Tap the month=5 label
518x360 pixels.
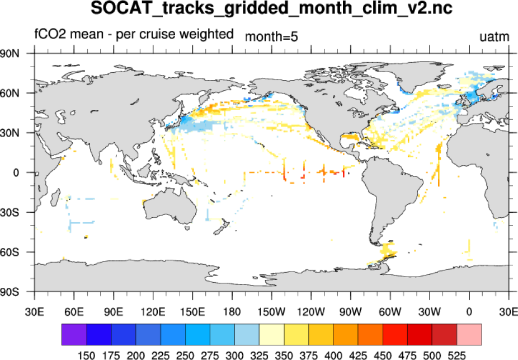[271, 38]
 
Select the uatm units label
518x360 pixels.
[495, 38]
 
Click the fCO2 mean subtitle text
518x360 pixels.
[134, 34]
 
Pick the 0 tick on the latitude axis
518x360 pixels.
[17, 172]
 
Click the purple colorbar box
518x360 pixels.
[74, 334]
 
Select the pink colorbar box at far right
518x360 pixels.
[469, 334]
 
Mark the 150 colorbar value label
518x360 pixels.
[87, 354]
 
